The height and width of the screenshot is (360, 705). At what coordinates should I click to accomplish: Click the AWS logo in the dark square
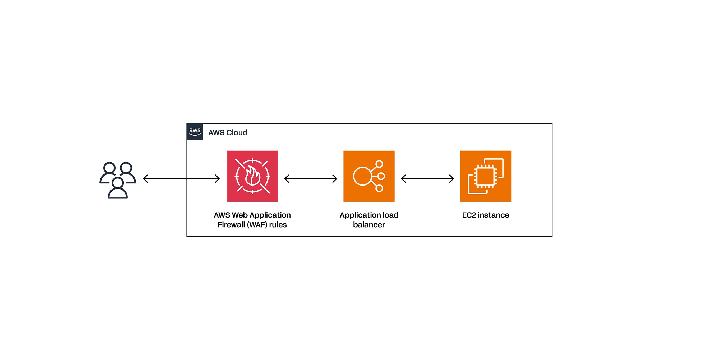pyautogui.click(x=195, y=132)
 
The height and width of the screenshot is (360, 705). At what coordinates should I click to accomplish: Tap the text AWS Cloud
pyautogui.click(x=228, y=133)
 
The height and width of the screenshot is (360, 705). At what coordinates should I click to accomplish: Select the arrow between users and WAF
pyautogui.click(x=181, y=179)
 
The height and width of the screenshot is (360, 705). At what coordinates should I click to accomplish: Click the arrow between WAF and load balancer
pyautogui.click(x=311, y=179)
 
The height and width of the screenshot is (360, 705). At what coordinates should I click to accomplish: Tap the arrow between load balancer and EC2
pyautogui.click(x=427, y=179)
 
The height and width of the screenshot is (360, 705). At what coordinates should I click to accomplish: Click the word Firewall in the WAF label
pyautogui.click(x=231, y=225)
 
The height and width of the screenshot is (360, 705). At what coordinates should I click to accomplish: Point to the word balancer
pyautogui.click(x=369, y=225)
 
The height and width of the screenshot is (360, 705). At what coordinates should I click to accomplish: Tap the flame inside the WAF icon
pyautogui.click(x=252, y=177)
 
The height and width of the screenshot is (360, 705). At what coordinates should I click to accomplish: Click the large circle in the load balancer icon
pyautogui.click(x=362, y=176)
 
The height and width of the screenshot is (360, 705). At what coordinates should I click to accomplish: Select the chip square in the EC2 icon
pyautogui.click(x=485, y=177)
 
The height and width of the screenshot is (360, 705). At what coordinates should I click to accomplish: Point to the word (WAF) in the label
pyautogui.click(x=257, y=225)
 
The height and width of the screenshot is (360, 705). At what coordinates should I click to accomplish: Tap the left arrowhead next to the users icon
pyautogui.click(x=145, y=179)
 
